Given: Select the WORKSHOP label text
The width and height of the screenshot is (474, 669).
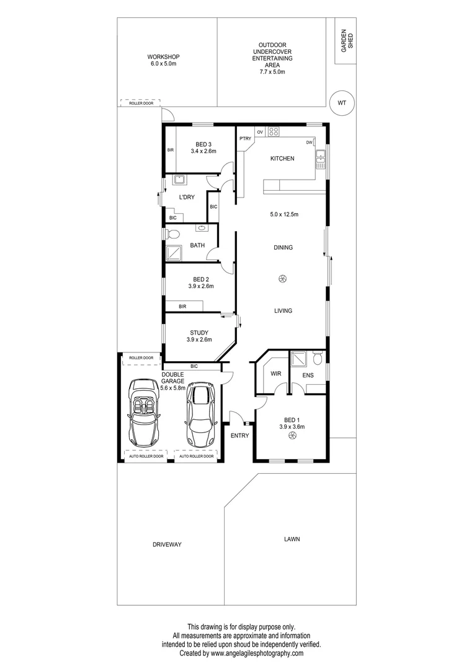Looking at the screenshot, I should pos(164,56).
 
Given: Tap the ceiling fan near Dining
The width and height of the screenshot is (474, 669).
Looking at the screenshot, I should pos(282,279).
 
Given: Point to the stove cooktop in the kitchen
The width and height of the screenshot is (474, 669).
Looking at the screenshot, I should pos(273,132).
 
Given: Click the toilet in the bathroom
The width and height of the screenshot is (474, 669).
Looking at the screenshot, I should pos(172,234).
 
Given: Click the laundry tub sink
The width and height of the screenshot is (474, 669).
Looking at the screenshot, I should pos(181,181).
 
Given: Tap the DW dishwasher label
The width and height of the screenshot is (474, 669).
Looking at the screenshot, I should pos(309,142).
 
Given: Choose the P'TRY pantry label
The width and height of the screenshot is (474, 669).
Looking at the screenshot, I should pos(245,139).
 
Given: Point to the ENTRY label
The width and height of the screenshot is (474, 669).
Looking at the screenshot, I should pos(239,435).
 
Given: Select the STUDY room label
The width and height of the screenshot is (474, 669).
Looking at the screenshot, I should pos(199,333).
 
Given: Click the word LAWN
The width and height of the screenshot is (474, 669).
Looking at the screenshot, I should pos(292,539).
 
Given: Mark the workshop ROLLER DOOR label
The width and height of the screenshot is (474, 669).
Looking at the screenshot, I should pos(141,103).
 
